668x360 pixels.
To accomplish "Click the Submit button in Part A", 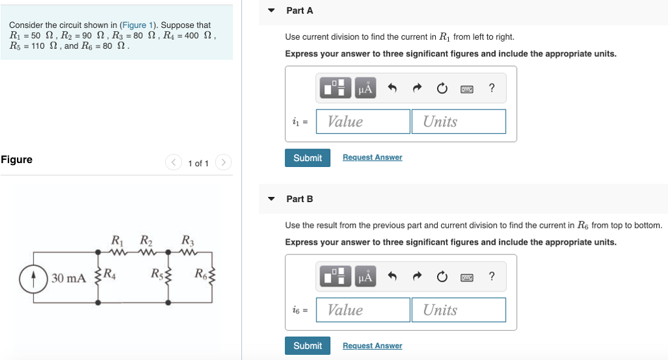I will click(x=307, y=158).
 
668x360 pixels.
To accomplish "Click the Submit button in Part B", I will click(x=307, y=346).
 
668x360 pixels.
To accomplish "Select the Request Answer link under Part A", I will click(x=372, y=158).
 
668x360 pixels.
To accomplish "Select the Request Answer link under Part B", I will click(x=372, y=346).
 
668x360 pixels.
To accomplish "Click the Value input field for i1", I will click(x=363, y=121).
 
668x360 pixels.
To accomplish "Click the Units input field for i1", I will click(x=458, y=121).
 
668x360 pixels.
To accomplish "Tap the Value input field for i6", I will click(x=363, y=310).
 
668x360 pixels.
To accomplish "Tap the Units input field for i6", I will click(x=458, y=310).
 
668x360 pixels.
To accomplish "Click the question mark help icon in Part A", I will click(x=491, y=89).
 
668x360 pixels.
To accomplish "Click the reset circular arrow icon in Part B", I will click(x=442, y=277).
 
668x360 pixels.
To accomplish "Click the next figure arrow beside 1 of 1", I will click(x=223, y=162).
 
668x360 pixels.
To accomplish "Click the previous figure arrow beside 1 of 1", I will click(x=174, y=162).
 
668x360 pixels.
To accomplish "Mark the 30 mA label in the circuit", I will click(x=68, y=278).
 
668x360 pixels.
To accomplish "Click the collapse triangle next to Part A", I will click(x=271, y=11).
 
